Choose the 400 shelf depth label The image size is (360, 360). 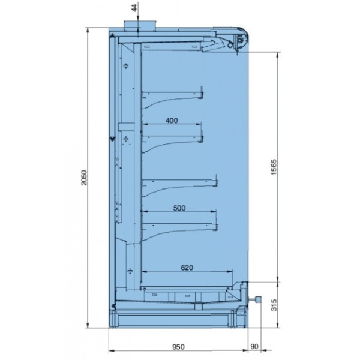click(172, 121)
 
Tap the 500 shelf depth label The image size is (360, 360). click(178, 208)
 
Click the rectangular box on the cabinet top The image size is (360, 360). click(139, 24)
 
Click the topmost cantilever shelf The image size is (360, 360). click(174, 95)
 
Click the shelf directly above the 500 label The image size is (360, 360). click(180, 181)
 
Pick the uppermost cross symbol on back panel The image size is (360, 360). click(125, 67)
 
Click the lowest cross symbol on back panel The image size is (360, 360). click(130, 271)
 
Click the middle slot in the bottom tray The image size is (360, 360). click(187, 296)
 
